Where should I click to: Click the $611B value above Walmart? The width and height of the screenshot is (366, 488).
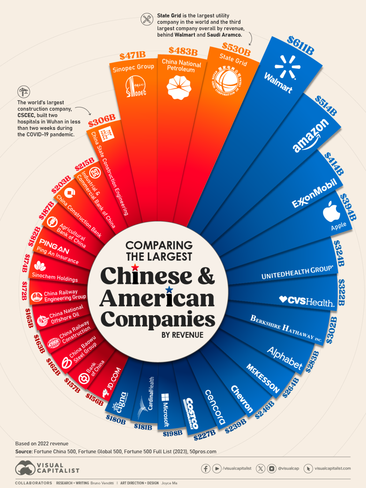coord(301,45)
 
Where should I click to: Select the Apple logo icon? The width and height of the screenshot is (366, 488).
coord(331,211)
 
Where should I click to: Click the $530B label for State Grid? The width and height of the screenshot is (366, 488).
coord(236,49)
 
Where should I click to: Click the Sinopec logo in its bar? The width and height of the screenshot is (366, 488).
coord(136,86)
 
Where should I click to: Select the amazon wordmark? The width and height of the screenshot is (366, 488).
coord(310,135)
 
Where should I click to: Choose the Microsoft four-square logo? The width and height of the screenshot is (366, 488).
coord(165,397)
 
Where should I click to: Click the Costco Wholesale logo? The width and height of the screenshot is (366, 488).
coord(192,413)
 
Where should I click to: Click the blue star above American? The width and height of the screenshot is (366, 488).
coord(169,289)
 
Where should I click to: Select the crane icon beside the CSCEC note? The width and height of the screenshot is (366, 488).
coord(24,92)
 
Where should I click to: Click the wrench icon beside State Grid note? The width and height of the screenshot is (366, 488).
coord(147,19)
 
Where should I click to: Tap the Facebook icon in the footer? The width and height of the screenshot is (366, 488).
coord(206,468)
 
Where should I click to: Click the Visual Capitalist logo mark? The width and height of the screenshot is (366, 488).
coord(25,468)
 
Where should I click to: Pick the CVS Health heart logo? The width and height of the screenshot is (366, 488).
coord(283,299)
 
